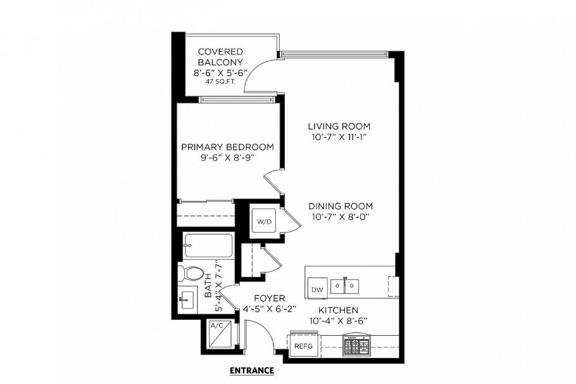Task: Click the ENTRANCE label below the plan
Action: click(x=251, y=370)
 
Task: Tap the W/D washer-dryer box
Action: click(x=263, y=222)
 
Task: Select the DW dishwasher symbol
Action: click(x=317, y=289)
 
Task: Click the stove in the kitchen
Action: click(x=356, y=346)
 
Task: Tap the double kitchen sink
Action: click(x=346, y=286)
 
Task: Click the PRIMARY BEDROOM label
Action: click(x=227, y=147)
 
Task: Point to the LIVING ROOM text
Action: click(x=339, y=125)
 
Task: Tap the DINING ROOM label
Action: click(x=341, y=206)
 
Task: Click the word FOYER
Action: click(x=269, y=298)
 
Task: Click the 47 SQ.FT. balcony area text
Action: click(x=220, y=82)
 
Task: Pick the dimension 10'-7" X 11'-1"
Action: click(x=339, y=136)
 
